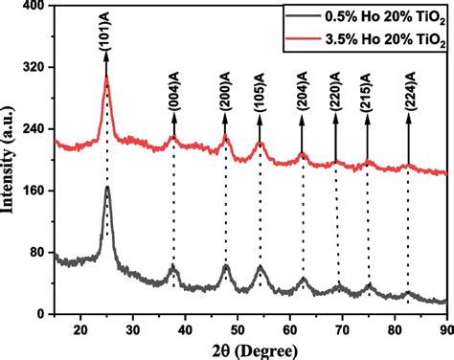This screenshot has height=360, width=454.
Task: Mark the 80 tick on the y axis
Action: tap(40, 252)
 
